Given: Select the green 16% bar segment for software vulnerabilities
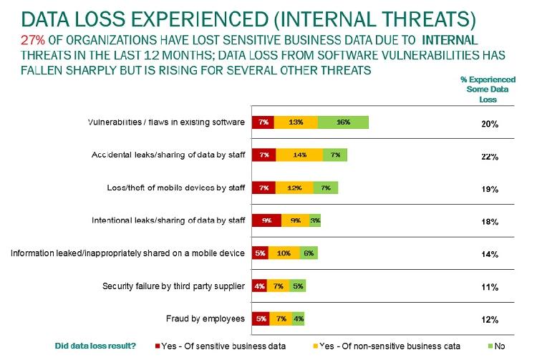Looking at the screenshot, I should pyautogui.click(x=343, y=122).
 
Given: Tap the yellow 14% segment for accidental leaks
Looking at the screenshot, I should pyautogui.click(x=299, y=155).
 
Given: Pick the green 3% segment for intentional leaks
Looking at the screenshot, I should pyautogui.click(x=315, y=221).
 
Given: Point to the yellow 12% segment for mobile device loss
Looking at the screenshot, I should pyautogui.click(x=294, y=188).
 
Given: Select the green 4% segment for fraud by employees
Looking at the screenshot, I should pyautogui.click(x=298, y=318).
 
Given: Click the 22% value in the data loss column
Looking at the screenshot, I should pyautogui.click(x=490, y=157).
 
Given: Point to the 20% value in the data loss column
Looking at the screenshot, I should pyautogui.click(x=490, y=124).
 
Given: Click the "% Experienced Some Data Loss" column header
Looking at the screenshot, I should pyautogui.click(x=488, y=90).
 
